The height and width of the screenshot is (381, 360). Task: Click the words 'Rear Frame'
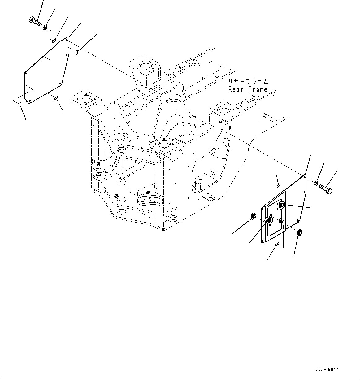tap(248, 90)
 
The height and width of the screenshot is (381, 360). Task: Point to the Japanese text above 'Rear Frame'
tap(248, 82)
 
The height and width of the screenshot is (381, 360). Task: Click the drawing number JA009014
tap(327, 370)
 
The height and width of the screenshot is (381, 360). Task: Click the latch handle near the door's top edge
tap(282, 205)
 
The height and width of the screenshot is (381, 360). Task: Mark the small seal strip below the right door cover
tap(277, 245)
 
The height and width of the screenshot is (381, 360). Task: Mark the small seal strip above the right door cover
tap(279, 185)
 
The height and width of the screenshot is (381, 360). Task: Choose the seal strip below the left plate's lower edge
tap(56, 98)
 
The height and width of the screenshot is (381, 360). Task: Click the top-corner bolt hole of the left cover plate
tap(67, 39)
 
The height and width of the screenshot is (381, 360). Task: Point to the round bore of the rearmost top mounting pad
tap(144, 65)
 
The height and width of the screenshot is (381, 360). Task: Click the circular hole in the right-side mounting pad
tap(223, 110)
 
